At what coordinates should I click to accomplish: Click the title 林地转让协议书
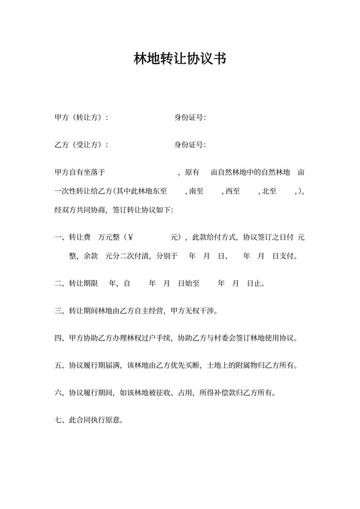click(179, 59)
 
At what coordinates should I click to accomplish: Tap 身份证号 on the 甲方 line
click(190, 118)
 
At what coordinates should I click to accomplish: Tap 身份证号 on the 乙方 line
click(190, 145)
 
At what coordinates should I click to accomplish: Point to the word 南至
click(195, 191)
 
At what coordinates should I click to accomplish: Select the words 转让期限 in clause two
click(83, 283)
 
